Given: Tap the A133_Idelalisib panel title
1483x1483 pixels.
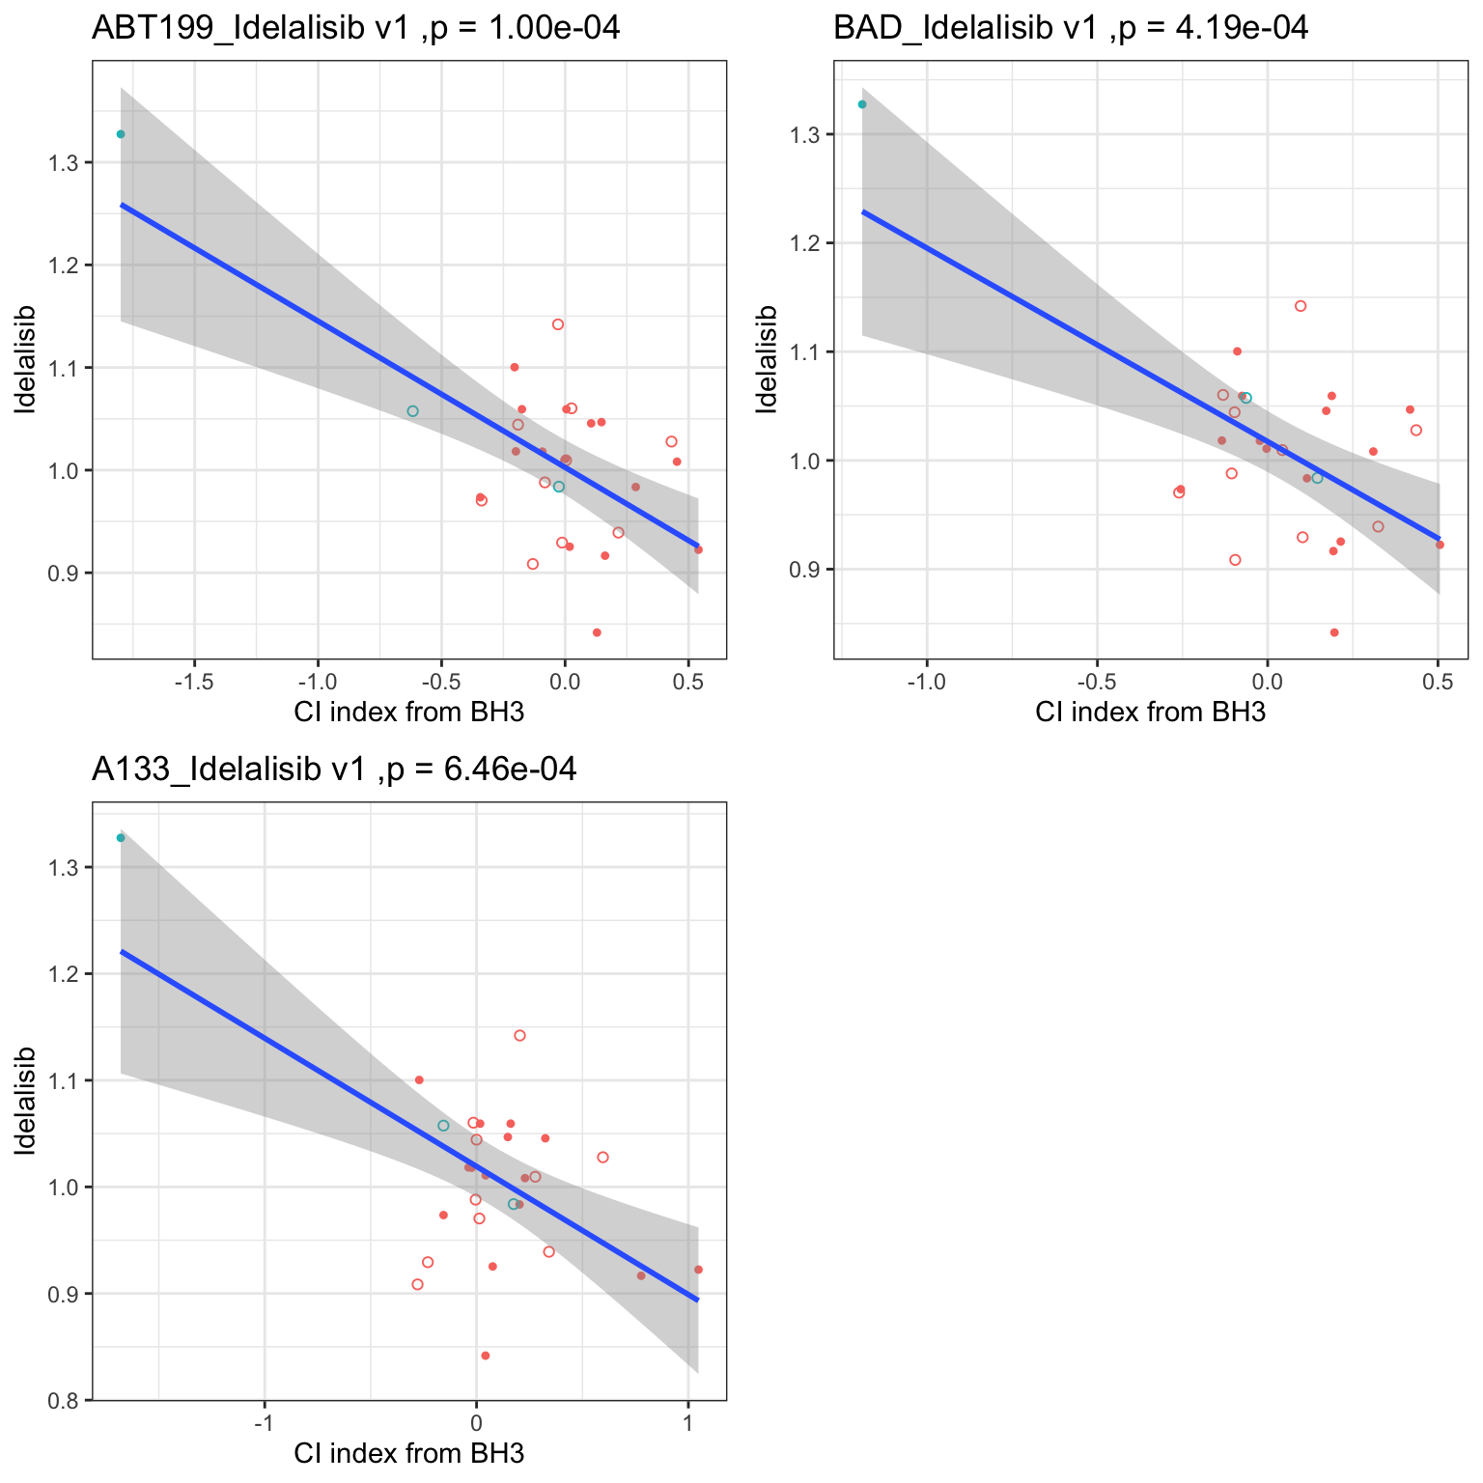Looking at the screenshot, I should pyautogui.click(x=334, y=769).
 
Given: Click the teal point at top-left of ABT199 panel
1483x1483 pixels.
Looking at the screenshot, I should pyautogui.click(x=121, y=134).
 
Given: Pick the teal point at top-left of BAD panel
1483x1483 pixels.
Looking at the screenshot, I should pyautogui.click(x=862, y=104).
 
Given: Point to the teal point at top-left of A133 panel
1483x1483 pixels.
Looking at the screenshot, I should pyautogui.click(x=121, y=838).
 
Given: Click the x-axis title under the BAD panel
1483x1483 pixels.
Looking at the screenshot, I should pyautogui.click(x=1150, y=714).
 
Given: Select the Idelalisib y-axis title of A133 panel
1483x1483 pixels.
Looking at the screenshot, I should pyautogui.click(x=26, y=1101).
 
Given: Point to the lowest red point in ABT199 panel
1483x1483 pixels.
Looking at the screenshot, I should pyautogui.click(x=597, y=632).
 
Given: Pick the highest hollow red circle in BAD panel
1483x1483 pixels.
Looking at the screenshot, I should pyautogui.click(x=1301, y=306).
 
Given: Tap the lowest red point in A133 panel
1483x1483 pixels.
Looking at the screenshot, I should pyautogui.click(x=486, y=1356).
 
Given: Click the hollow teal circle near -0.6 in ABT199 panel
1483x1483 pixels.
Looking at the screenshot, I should pyautogui.click(x=412, y=411).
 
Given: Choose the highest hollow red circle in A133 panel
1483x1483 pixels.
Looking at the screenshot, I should pyautogui.click(x=519, y=1035).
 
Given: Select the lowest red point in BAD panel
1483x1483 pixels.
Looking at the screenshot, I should pyautogui.click(x=1334, y=632).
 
